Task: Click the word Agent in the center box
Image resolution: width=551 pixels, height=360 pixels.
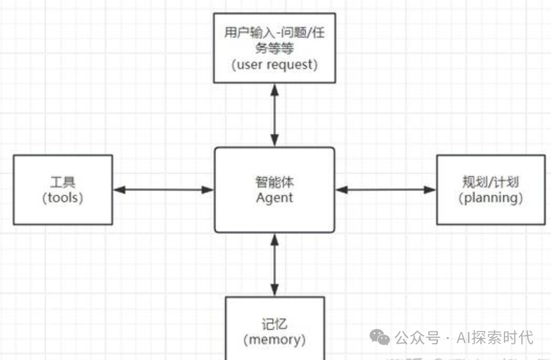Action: tap(274, 197)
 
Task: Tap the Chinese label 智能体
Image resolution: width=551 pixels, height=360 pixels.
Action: tap(274, 182)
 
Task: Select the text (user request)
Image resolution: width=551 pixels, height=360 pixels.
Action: tap(274, 65)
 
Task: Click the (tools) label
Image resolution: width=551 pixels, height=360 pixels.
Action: tap(63, 197)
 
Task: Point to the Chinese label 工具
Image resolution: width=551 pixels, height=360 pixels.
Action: tap(63, 182)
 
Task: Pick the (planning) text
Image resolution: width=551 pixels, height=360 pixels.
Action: tap(490, 197)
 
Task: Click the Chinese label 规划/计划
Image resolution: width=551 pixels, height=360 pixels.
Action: tap(490, 182)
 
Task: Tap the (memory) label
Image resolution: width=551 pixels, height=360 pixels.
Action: tap(274, 339)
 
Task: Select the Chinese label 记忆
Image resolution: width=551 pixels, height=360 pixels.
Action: tap(274, 324)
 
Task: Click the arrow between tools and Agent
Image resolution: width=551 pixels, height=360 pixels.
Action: tap(164, 189)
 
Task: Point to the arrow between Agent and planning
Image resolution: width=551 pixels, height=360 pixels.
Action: tap(386, 189)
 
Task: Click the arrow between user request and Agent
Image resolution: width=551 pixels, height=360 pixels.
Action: tap(274, 115)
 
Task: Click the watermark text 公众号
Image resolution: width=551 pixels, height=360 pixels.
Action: tap(417, 337)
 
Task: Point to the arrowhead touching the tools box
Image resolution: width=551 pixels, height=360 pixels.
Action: tap(118, 189)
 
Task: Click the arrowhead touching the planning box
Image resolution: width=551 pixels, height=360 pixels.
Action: tap(430, 189)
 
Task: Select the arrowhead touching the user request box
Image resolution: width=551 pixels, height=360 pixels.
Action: tap(274, 89)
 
